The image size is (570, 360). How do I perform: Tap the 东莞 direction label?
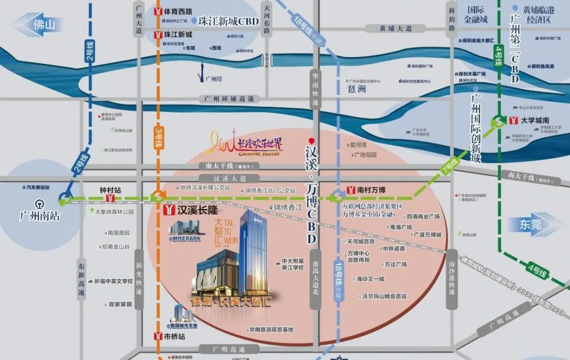(529, 224)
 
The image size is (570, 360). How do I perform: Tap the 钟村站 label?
(110, 188)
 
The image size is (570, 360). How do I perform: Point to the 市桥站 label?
(174, 336)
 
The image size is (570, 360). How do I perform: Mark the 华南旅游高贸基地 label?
(271, 330)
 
